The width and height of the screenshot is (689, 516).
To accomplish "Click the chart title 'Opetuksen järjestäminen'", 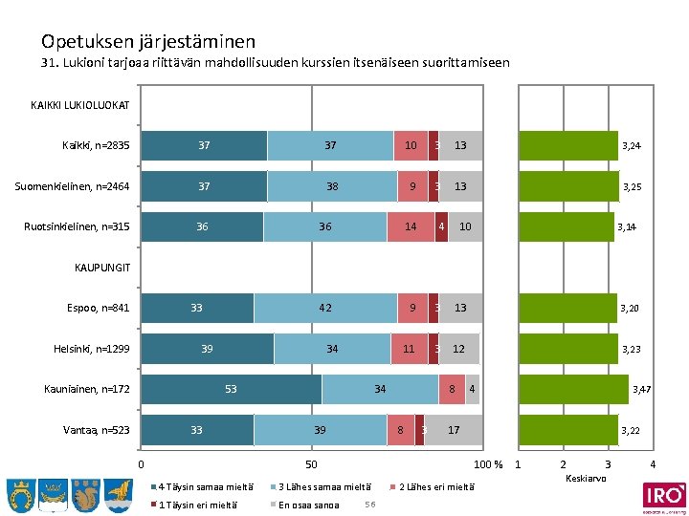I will click(148, 41).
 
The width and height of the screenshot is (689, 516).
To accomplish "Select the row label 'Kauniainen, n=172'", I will click(87, 389).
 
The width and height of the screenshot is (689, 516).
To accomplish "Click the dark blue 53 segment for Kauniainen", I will click(231, 389).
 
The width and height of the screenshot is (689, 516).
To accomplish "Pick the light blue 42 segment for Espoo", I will click(325, 308).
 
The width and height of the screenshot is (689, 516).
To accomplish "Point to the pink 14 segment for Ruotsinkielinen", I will click(411, 226).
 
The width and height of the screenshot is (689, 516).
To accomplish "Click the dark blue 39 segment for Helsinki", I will click(207, 349).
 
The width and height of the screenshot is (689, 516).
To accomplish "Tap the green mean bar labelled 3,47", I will click(573, 389).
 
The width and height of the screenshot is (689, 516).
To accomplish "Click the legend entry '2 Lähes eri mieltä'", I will click(435, 486).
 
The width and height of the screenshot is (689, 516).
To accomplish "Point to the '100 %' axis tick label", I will click(489, 465).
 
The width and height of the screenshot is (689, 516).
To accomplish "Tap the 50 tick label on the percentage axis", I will click(311, 465).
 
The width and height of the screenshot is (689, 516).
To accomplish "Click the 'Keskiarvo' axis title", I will click(585, 478).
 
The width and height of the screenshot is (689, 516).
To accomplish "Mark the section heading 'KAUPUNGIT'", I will click(101, 267).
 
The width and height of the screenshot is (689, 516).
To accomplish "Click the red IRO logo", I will click(663, 495).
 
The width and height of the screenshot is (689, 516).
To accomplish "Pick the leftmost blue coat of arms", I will click(21, 494).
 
